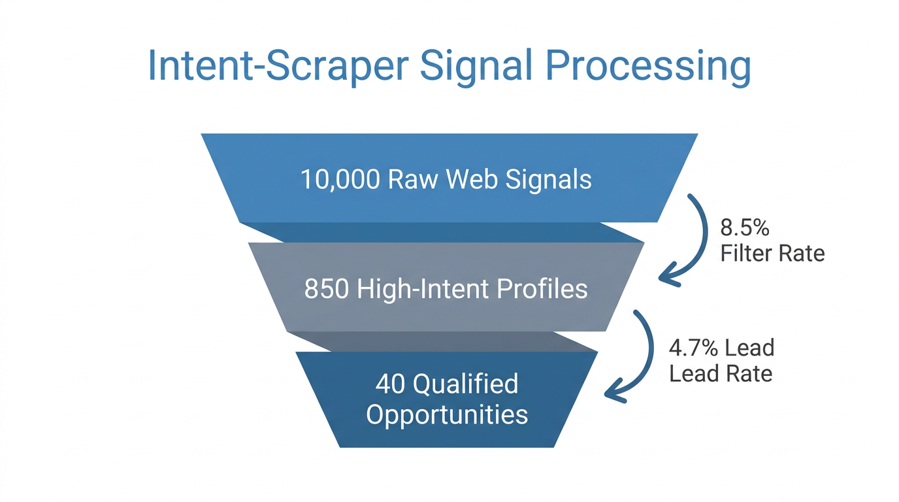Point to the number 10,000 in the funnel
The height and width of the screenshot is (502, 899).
(340, 179)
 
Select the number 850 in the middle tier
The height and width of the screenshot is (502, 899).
(327, 289)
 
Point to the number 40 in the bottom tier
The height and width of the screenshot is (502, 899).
(391, 384)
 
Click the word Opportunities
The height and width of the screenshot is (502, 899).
(447, 415)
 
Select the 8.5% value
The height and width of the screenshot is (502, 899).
(745, 227)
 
